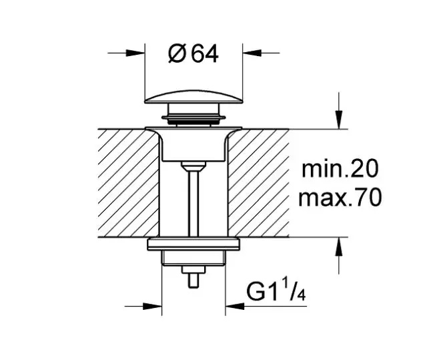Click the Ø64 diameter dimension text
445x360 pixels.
(193, 53)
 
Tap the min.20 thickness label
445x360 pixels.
(340, 169)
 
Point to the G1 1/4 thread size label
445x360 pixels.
(276, 291)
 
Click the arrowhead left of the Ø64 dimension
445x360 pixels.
(135, 53)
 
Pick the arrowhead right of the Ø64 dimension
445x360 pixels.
(252, 53)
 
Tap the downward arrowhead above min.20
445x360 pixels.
(338, 120)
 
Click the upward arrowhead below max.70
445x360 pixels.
(338, 246)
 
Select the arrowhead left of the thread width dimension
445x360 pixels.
(152, 307)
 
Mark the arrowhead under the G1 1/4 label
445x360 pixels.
(235, 307)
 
